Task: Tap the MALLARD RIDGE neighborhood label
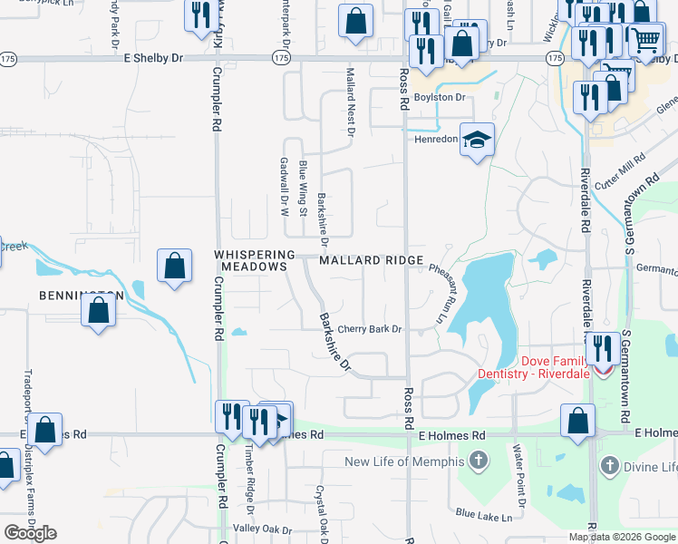(x=372, y=260)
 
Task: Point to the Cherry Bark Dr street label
(x=369, y=329)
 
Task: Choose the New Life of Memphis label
(x=405, y=462)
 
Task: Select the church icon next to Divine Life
(x=610, y=467)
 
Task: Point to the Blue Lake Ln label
(x=484, y=516)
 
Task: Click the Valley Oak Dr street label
(x=263, y=529)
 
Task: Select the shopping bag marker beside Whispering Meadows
(x=173, y=267)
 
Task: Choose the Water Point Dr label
(x=520, y=475)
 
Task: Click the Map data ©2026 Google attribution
(x=622, y=537)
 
